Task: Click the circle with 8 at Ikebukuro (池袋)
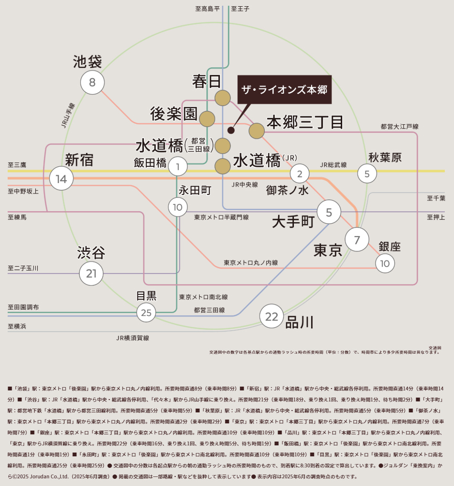click(92, 83)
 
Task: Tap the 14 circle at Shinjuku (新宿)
click(61, 179)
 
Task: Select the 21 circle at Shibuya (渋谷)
click(91, 273)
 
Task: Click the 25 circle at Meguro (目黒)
click(146, 313)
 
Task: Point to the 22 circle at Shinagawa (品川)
click(271, 316)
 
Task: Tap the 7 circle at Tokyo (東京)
click(357, 239)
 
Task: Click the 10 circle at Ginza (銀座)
click(385, 263)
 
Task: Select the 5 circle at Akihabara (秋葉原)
click(367, 173)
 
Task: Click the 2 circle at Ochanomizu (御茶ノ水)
click(300, 173)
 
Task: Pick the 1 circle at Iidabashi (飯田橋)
click(178, 166)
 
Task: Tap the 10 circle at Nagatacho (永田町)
click(178, 207)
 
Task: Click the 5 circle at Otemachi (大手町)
click(329, 212)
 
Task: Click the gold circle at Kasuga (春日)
click(223, 98)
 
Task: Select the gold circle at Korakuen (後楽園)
click(207, 119)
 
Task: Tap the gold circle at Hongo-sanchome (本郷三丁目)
click(257, 130)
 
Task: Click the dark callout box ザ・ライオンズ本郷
click(284, 89)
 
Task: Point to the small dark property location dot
click(231, 130)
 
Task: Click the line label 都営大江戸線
click(400, 127)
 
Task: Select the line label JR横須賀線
click(133, 338)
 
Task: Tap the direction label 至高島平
click(207, 9)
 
